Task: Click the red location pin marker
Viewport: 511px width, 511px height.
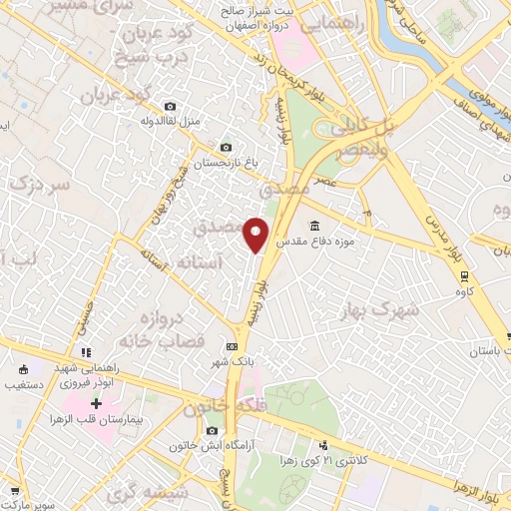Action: coord(257,234)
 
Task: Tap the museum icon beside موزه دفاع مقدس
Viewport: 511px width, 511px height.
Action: coord(315,225)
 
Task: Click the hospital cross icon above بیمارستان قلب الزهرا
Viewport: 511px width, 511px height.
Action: coord(96,404)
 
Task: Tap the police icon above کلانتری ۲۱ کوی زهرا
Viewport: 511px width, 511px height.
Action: coord(323,447)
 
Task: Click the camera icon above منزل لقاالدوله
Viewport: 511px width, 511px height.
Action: coord(170,107)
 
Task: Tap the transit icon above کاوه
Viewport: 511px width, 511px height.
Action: coord(464,249)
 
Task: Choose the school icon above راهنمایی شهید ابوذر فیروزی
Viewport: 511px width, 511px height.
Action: coord(87,352)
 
